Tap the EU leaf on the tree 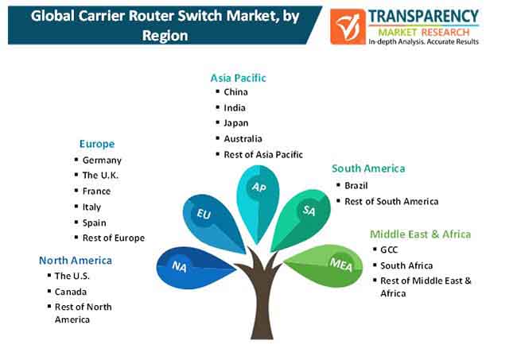tap(211, 222)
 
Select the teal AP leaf tap(258, 201)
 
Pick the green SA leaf tap(301, 218)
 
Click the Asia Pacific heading tap(238, 78)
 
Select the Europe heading tap(97, 144)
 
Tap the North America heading tap(76, 261)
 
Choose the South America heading tap(368, 168)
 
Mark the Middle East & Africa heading tap(421, 234)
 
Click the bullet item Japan tap(236, 123)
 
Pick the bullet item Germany tap(102, 161)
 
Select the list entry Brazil tap(356, 186)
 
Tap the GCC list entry tap(389, 250)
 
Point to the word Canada tap(71, 292)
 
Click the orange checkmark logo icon tap(348, 27)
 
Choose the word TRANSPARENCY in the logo tap(423, 16)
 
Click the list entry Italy tap(91, 207)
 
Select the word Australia tap(243, 139)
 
